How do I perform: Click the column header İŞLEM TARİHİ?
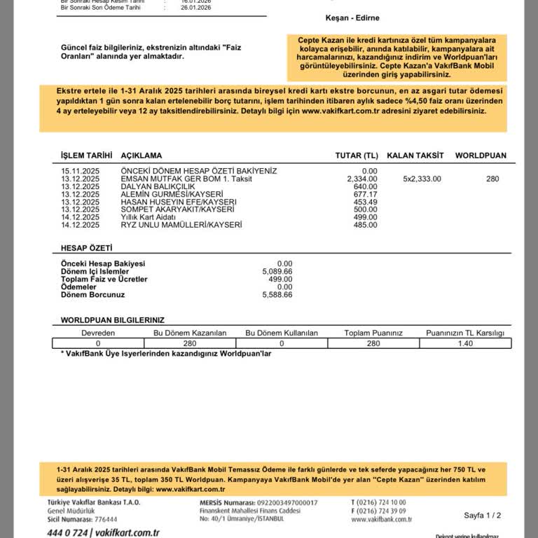pos(86,156)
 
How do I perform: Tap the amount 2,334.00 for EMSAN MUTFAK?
pos(362,179)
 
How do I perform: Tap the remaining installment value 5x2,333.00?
pos(422,179)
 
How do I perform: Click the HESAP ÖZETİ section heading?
pos(86,248)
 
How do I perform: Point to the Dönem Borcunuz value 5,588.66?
pos(277,295)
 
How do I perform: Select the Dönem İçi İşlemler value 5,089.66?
pos(277,271)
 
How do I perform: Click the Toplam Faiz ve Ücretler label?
pos(104,279)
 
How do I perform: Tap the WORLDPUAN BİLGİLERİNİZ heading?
pos(112,319)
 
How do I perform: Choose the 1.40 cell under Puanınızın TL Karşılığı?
pos(464,343)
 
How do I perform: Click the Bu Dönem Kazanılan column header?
pos(190,333)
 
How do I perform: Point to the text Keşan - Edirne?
pos(352,18)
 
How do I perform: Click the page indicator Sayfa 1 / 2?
pos(482,515)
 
